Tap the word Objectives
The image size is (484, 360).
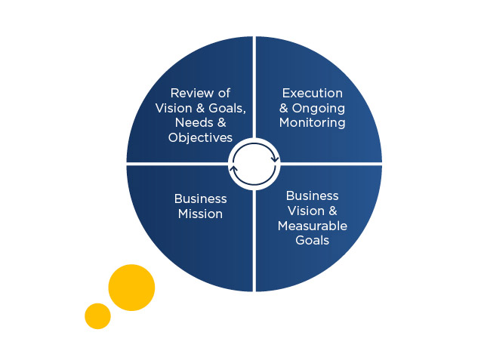(200, 137)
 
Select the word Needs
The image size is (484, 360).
(194, 123)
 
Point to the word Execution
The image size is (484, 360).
(313, 93)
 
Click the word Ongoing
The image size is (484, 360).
(319, 109)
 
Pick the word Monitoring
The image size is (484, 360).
(313, 123)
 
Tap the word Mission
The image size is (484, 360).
(200, 214)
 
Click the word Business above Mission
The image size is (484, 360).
(200, 199)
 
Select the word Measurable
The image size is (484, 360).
(313, 226)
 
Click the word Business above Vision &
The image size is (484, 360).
(313, 196)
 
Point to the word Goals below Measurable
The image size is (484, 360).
(313, 240)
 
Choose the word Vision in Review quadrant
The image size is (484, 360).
(174, 108)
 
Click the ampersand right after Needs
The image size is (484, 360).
(222, 123)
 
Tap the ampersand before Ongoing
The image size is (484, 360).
(284, 108)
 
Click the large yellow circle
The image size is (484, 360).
(131, 288)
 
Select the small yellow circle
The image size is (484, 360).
(97, 316)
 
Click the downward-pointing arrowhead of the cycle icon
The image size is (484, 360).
(275, 159)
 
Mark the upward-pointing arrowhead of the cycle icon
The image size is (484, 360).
(234, 168)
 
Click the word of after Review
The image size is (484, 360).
(224, 93)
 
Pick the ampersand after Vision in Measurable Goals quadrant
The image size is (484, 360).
(333, 211)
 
